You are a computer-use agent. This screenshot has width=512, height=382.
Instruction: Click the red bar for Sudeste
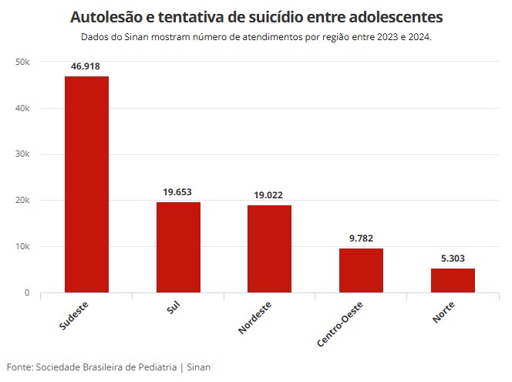86,184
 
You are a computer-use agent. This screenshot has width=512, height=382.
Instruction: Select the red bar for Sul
178,247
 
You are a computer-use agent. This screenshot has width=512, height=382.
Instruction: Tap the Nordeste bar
269,248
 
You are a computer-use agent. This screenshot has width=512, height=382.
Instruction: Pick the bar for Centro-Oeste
361,270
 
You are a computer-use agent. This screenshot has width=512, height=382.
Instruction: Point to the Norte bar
453,280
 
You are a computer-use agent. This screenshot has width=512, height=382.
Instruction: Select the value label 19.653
178,192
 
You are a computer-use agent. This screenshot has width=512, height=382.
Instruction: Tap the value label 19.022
269,195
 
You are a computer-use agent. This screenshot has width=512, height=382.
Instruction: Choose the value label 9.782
361,238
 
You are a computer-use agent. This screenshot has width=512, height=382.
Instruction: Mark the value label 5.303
453,259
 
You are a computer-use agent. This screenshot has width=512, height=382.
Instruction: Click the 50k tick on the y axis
22,62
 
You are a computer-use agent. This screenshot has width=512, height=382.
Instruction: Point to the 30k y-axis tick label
22,154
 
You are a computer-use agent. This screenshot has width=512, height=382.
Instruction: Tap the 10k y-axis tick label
22,247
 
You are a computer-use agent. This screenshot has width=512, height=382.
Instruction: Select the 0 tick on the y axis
26,293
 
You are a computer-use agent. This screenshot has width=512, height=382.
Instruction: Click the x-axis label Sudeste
74,316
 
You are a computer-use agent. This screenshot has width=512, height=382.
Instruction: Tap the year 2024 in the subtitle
417,37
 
